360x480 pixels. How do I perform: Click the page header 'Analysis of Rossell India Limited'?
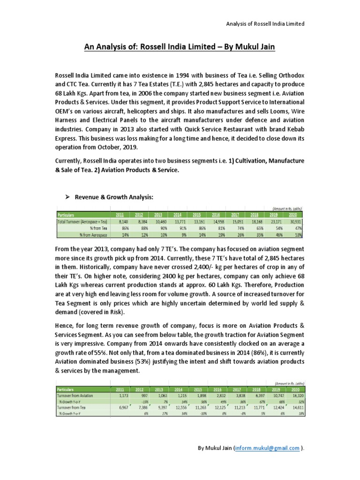pyautogui.click(x=266, y=23)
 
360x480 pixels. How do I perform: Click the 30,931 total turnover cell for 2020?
pyautogui.click(x=295, y=221)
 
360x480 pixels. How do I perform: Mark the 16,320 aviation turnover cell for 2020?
pyautogui.click(x=294, y=396)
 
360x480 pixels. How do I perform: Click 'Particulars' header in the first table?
pyautogui.click(x=67, y=215)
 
